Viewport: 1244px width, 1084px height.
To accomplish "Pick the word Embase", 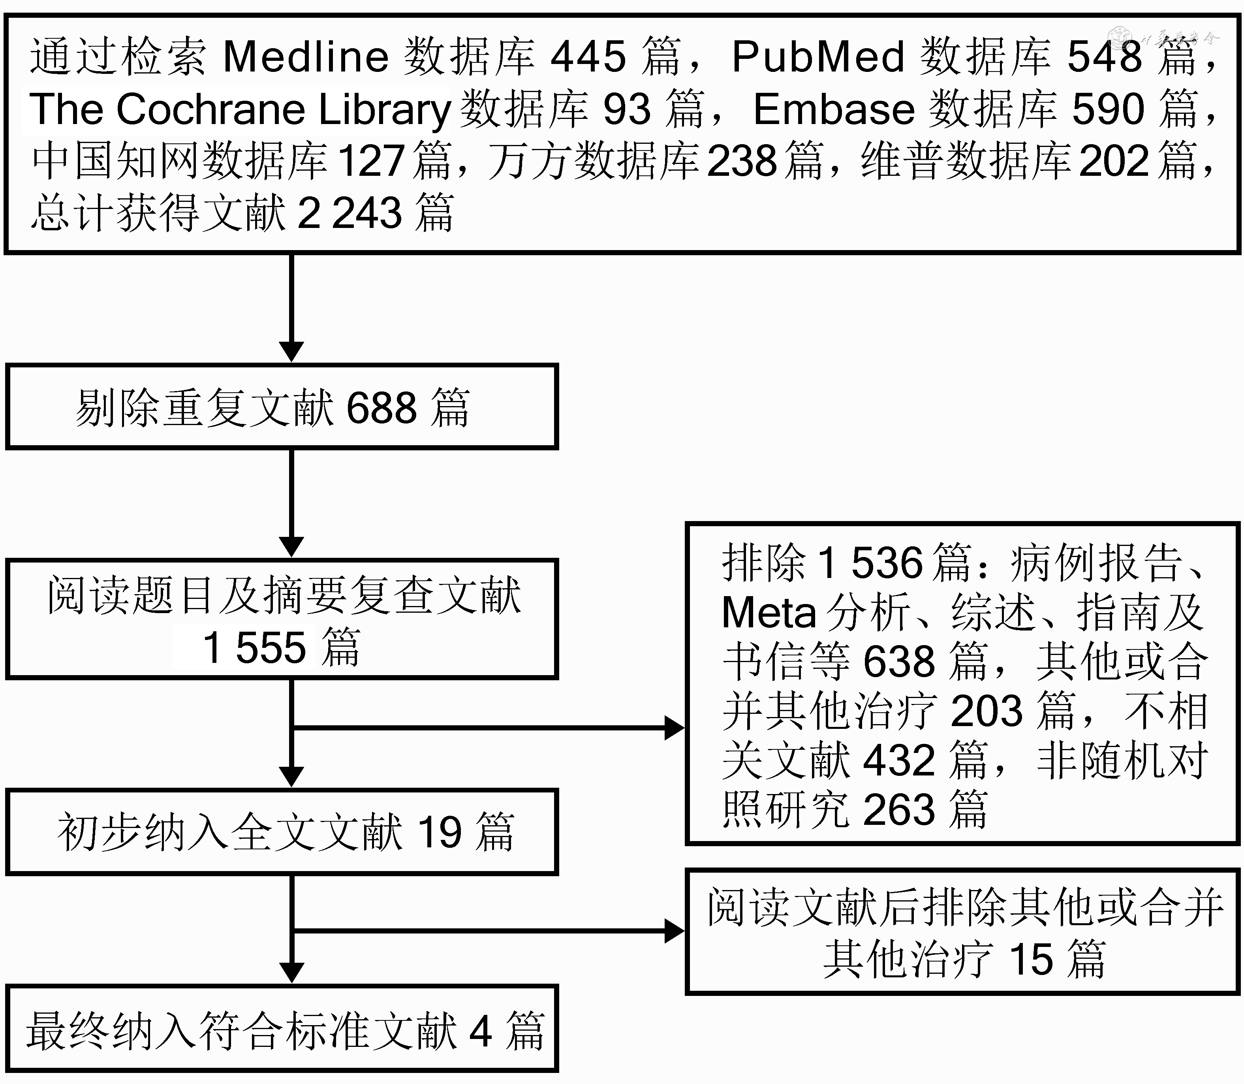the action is (834, 109).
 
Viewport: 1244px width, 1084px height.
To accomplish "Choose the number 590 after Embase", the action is (1108, 109).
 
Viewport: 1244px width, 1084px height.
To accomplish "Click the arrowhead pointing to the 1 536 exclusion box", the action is (674, 728).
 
